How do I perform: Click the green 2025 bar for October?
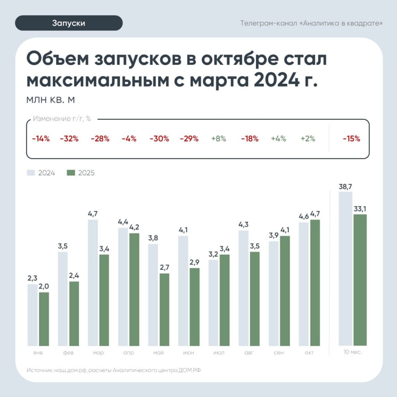(315, 283)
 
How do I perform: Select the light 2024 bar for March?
(93, 283)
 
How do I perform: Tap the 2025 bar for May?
(164, 309)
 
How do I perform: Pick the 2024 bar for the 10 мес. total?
(345, 268)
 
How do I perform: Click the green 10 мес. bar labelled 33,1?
(360, 280)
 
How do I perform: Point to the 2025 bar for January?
(44, 319)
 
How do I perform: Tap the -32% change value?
(69, 139)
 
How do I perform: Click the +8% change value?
(219, 139)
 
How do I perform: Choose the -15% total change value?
(351, 139)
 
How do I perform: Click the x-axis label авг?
(249, 353)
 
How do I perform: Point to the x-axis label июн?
(189, 353)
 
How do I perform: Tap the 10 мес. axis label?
(353, 352)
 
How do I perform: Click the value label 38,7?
(345, 186)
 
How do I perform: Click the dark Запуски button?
(69, 23)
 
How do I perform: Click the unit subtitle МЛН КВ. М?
(50, 100)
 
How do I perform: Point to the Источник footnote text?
(114, 370)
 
